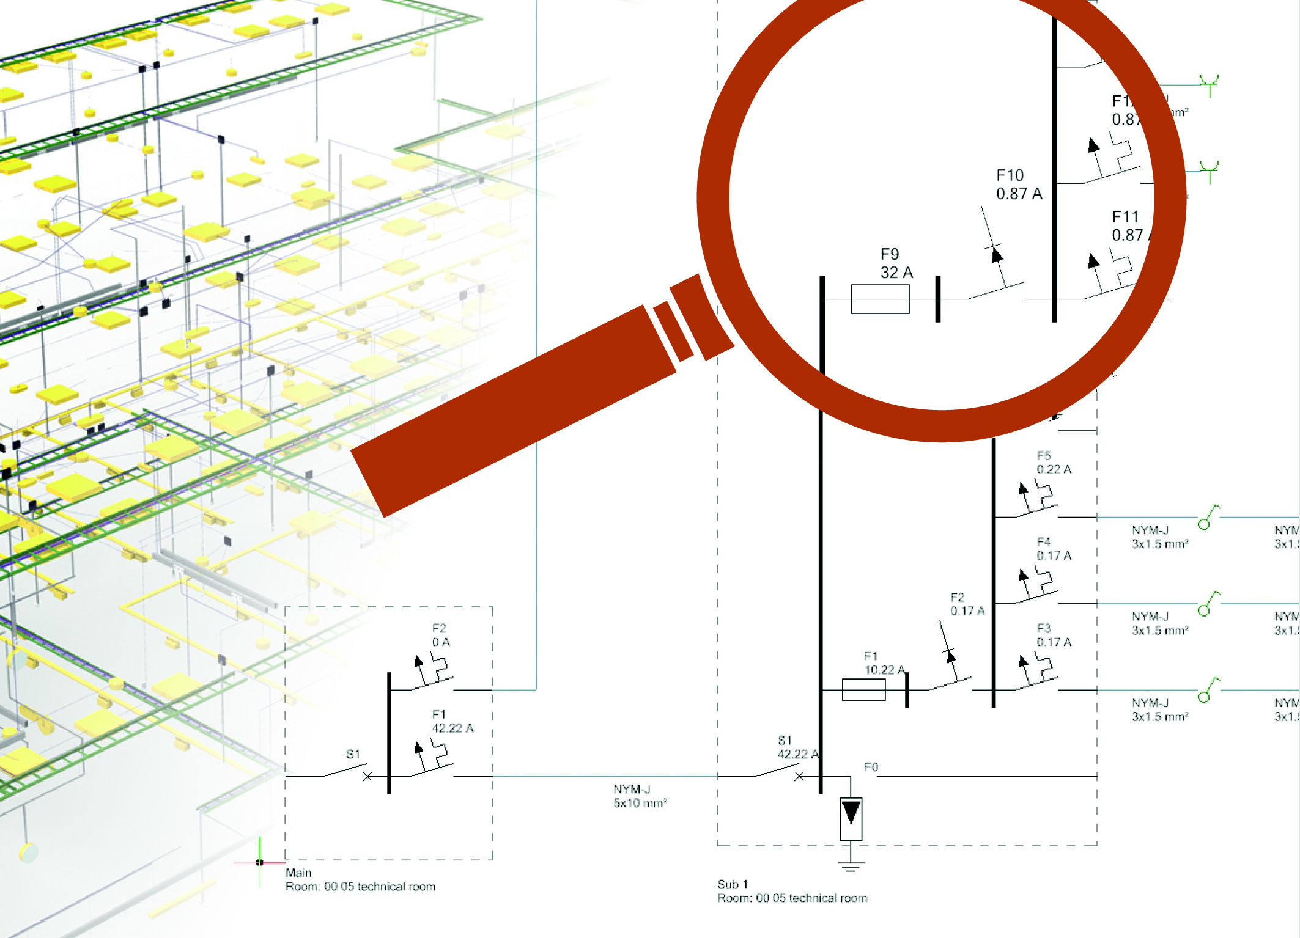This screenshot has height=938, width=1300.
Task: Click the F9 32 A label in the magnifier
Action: [896, 263]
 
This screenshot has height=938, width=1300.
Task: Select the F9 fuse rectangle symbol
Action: [880, 299]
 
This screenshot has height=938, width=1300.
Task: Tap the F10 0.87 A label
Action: [1018, 185]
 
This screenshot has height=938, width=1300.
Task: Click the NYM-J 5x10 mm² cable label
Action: [640, 796]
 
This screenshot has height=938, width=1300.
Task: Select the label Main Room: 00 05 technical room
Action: [360, 880]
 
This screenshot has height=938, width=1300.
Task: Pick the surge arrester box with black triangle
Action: [851, 818]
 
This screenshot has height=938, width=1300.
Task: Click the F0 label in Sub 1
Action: [871, 767]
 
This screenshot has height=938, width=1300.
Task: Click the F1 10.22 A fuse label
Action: [883, 663]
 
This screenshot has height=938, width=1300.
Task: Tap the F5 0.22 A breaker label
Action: [1053, 463]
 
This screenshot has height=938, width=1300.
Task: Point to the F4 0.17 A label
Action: [1053, 549]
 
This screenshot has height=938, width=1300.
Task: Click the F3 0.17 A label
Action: [1053, 635]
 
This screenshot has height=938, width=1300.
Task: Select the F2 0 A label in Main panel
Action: [440, 635]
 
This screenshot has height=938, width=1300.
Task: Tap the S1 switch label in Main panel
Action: [353, 753]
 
